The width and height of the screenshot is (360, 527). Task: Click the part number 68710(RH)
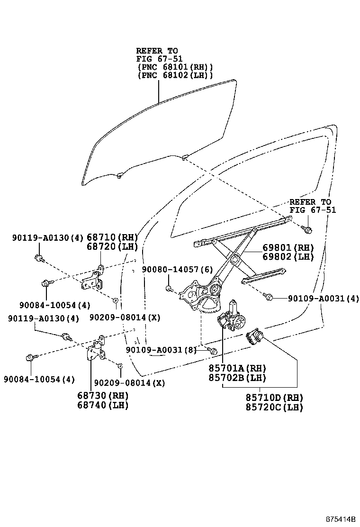[x=112, y=237]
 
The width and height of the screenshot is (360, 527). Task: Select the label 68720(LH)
[x=112, y=247]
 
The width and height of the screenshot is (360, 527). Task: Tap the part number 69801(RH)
[x=288, y=248]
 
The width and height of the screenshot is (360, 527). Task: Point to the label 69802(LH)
[x=288, y=257]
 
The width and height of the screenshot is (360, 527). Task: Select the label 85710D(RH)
[x=274, y=398]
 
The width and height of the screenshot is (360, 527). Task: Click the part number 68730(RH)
[x=103, y=396]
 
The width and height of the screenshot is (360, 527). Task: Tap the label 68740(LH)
[x=103, y=405]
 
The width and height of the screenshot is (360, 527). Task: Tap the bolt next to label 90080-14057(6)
[x=169, y=288]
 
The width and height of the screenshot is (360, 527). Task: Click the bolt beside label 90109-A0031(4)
[x=268, y=297]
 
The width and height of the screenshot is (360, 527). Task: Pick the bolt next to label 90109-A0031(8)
[x=213, y=351]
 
